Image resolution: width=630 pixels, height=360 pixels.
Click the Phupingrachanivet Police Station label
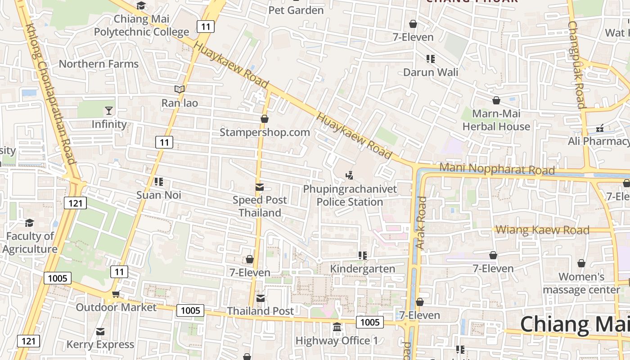coord(350,195)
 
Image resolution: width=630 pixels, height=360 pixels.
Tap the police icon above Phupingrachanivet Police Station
coord(349,175)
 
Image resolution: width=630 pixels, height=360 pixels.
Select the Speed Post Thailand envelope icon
coord(260,187)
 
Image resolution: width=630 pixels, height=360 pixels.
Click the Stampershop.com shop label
coord(265,132)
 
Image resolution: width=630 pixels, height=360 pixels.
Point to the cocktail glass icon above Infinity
coord(108,111)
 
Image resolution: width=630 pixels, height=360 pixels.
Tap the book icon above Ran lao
coord(180,89)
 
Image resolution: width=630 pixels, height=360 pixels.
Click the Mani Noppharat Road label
coord(497,169)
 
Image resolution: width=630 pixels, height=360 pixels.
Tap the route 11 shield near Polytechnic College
coord(205,27)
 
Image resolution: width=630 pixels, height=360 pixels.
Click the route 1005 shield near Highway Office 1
coord(370,322)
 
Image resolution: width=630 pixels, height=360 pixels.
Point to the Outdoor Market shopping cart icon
coord(116,294)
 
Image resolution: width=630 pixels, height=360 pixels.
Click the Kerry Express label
coord(100,344)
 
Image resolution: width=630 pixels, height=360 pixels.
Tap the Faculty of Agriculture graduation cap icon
coord(29,223)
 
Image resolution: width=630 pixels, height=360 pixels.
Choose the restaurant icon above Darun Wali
coord(431,58)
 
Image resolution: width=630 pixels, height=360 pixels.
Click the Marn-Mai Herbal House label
coord(496,120)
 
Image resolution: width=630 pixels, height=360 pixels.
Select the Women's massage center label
coord(581,283)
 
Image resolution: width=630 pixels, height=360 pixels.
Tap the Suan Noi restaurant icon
coord(158,182)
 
